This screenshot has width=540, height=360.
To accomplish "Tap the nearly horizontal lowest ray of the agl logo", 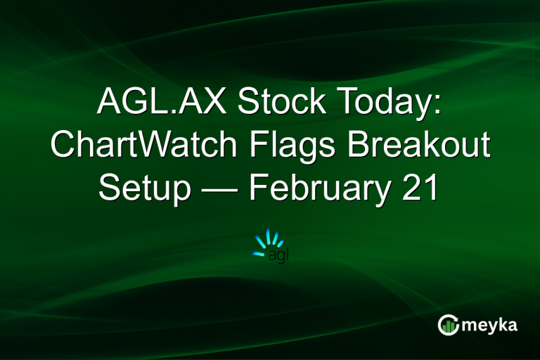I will (259, 253).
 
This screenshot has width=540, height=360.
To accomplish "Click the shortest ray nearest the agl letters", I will (280, 243).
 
